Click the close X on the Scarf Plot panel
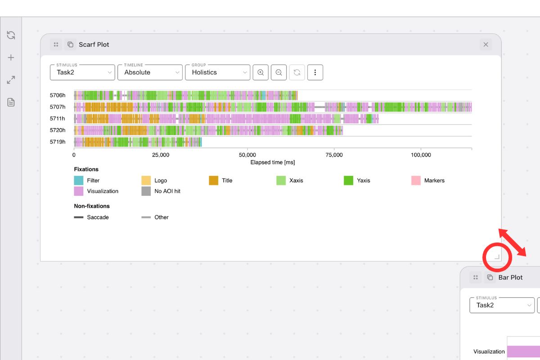point(486,45)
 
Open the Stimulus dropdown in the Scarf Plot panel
point(82,72)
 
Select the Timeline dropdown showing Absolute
point(150,72)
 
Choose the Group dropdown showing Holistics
point(217,72)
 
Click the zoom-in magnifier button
point(261,72)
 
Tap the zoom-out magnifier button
point(279,72)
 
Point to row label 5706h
point(58,95)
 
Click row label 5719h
point(58,142)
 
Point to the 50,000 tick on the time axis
point(247,155)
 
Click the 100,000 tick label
point(420,155)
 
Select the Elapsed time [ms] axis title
point(273,162)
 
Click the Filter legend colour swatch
point(79,180)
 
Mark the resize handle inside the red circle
point(497,257)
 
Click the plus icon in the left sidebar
point(11,58)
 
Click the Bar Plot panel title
point(510,278)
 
